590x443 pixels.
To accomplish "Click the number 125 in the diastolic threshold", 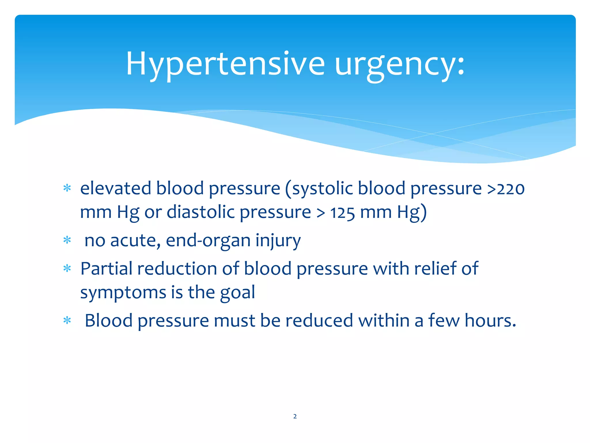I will [x=342, y=213].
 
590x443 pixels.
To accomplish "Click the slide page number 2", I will [x=295, y=416].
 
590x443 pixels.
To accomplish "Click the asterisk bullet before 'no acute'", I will [x=67, y=240].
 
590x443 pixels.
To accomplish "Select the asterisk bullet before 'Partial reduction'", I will [x=67, y=269].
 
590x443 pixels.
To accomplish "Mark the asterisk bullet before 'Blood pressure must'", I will [x=67, y=320].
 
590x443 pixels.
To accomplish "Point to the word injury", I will [x=278, y=241].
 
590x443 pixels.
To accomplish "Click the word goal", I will [x=237, y=292].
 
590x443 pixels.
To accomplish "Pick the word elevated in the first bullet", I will [x=116, y=189].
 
